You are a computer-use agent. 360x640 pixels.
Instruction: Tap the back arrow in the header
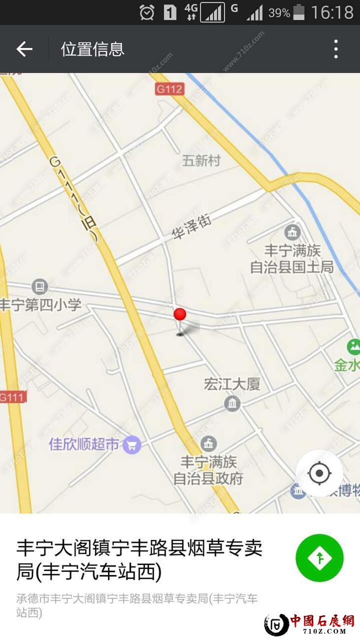tap(24, 49)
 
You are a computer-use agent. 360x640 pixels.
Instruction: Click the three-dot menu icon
tap(336, 49)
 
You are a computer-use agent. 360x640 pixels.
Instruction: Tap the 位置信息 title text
tap(93, 49)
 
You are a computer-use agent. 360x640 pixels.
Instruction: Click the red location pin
tap(180, 315)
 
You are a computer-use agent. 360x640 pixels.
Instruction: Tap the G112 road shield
tap(170, 89)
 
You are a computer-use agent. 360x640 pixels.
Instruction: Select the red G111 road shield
tap(12, 397)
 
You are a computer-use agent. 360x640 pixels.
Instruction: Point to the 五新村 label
tap(201, 160)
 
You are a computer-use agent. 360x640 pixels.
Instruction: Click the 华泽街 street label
tap(191, 227)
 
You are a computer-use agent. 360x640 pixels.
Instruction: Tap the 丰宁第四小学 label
tap(40, 304)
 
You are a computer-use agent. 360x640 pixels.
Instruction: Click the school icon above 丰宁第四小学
tap(39, 286)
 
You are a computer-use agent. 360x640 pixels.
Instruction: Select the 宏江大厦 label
tap(232, 384)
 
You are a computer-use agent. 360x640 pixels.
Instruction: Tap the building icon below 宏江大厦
tap(232, 404)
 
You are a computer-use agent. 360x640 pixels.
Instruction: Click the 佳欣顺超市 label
tap(84, 444)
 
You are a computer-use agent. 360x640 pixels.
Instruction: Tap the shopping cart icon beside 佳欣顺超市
tap(132, 445)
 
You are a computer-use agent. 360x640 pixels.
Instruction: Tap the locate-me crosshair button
tap(319, 473)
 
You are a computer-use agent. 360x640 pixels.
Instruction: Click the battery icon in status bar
tap(299, 12)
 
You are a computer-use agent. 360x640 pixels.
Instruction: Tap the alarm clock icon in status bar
tap(147, 12)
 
